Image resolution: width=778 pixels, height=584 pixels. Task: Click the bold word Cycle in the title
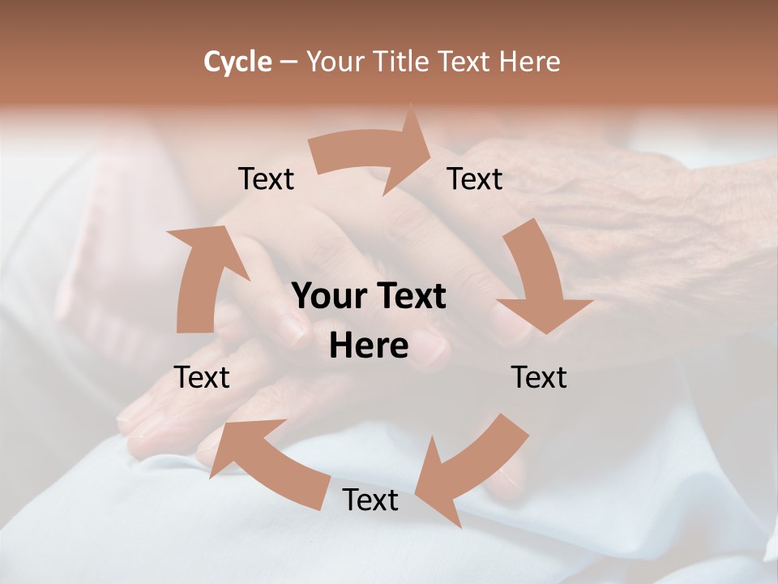237,62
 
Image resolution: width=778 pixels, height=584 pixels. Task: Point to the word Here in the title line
529,62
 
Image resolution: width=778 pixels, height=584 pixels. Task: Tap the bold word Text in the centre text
409,297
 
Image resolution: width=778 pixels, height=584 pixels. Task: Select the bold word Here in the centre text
369,346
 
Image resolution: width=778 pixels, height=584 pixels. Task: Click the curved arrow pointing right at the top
373,154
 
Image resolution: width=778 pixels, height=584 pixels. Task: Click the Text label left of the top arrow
266,179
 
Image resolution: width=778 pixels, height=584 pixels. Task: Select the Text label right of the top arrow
475,179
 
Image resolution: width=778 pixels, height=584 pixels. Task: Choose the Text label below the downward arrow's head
539,377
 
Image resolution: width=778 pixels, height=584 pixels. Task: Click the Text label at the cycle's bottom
370,500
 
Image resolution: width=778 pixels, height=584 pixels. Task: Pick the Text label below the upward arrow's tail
202,377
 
